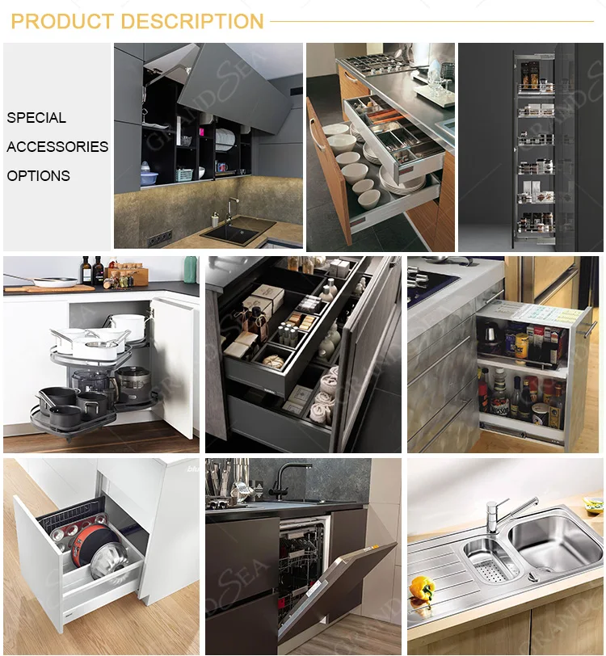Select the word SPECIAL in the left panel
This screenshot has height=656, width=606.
click(36, 118)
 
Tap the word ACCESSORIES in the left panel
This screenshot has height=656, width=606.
click(57, 147)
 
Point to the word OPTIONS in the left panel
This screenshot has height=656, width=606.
click(38, 176)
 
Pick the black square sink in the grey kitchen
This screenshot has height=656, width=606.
click(239, 232)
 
